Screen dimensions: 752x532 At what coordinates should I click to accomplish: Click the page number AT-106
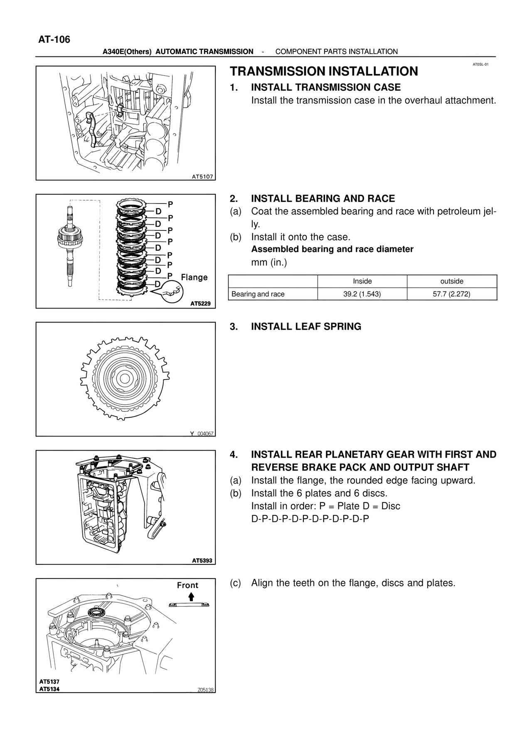[x=54, y=40]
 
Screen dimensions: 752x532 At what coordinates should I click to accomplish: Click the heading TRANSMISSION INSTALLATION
[x=324, y=71]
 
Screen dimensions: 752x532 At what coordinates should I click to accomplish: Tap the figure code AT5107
[x=202, y=176]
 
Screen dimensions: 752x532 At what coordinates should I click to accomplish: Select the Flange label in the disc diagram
[x=194, y=277]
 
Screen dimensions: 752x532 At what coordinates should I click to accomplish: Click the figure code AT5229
[x=201, y=304]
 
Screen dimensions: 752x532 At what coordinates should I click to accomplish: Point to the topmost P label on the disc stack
[x=170, y=204]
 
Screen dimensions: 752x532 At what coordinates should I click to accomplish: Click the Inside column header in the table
[x=362, y=281]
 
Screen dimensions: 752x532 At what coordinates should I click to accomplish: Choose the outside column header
[x=452, y=281]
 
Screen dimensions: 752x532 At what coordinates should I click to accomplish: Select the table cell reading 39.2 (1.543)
[x=362, y=294]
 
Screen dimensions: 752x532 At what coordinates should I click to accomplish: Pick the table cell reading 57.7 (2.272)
[x=452, y=294]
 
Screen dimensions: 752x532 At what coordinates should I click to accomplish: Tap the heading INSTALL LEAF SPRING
[x=306, y=326]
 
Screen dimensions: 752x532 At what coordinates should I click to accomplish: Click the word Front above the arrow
[x=187, y=585]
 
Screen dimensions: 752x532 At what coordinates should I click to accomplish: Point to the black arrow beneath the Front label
[x=191, y=597]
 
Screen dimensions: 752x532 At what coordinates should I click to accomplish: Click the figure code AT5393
[x=202, y=560]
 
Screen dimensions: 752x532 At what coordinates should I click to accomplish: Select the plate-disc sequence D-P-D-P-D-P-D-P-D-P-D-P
[x=310, y=519]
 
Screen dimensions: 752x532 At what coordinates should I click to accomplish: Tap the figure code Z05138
[x=205, y=690]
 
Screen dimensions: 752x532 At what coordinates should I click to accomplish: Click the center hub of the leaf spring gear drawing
[x=124, y=378]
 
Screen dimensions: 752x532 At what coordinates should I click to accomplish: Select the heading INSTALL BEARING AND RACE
[x=323, y=198]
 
